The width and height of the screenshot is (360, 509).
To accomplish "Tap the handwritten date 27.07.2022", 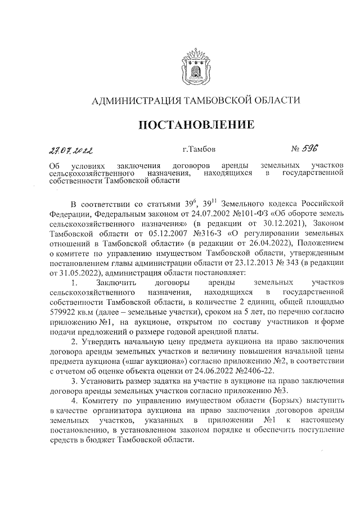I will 72,150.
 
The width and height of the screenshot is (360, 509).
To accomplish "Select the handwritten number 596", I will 310,149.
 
